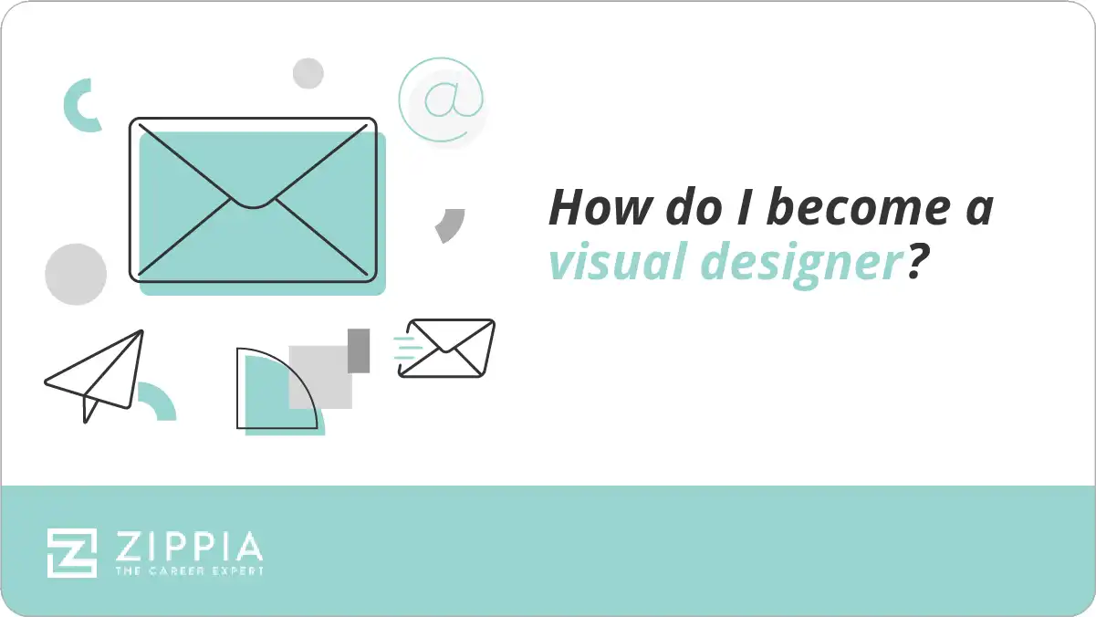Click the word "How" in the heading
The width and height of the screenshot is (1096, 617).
pos(590,207)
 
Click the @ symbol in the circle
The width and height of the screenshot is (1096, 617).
pos(441,100)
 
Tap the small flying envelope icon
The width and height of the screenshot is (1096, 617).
pos(448,348)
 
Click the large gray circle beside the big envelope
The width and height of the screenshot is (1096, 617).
pos(76,274)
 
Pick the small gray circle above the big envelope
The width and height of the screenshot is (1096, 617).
pos(308,73)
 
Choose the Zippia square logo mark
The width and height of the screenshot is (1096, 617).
pos(72,552)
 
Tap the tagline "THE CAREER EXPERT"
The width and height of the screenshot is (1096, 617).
pos(189,571)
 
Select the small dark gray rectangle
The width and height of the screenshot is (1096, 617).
pos(359,350)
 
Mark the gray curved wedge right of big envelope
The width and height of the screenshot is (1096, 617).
pos(450,225)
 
